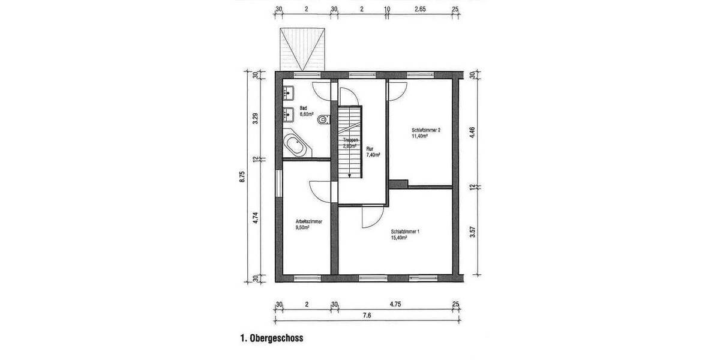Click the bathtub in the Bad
(x=295, y=145)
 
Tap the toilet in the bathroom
(x=325, y=119)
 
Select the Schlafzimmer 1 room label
(x=404, y=231)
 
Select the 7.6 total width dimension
(x=367, y=315)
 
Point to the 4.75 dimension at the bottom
(x=395, y=304)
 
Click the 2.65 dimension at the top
(x=420, y=10)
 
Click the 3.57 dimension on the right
(x=473, y=232)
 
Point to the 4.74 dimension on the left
(x=256, y=220)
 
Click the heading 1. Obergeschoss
(x=271, y=338)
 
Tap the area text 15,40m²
(x=399, y=238)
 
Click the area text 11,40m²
(x=419, y=136)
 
